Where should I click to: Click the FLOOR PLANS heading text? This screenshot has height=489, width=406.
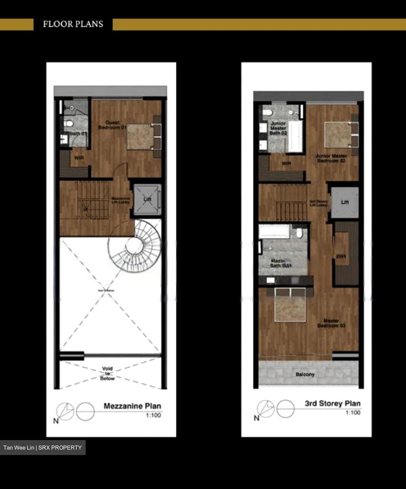[73, 24]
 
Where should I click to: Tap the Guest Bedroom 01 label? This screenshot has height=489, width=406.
[112, 125]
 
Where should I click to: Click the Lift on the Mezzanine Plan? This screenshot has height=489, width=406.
[147, 200]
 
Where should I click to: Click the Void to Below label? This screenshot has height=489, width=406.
[107, 374]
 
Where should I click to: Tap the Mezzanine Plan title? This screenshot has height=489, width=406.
[132, 406]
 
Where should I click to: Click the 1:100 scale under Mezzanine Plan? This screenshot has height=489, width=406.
[154, 415]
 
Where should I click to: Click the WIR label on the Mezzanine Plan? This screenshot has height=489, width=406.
[79, 158]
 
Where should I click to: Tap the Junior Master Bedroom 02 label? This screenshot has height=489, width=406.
[331, 158]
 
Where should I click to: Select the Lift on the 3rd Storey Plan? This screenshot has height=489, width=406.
[345, 202]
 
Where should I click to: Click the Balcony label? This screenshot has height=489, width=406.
[305, 375]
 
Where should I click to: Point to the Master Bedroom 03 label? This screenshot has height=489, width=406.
[331, 323]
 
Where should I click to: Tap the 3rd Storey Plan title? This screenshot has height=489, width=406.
[333, 404]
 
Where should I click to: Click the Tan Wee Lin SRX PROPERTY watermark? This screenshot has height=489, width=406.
[43, 448]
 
